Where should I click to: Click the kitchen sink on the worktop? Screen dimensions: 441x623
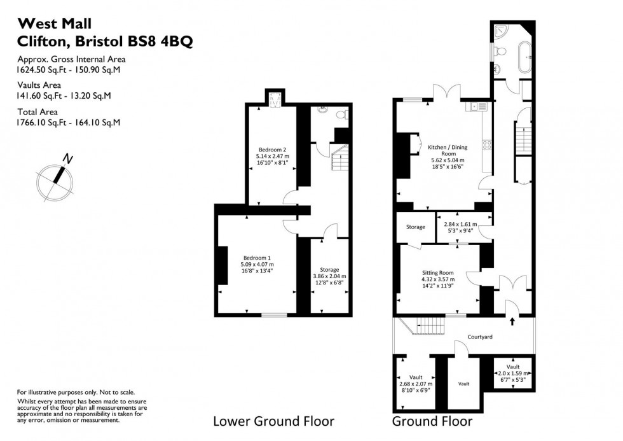pos(478,107)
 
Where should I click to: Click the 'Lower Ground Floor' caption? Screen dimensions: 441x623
pos(273,421)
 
